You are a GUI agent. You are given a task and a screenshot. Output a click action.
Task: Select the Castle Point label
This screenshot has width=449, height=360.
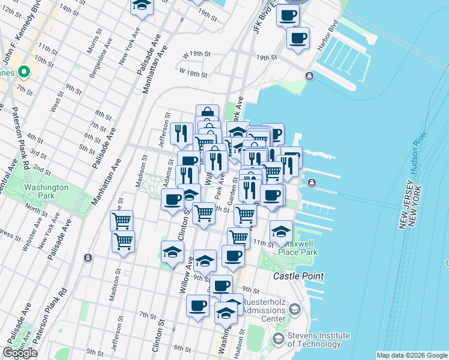pos(298,276)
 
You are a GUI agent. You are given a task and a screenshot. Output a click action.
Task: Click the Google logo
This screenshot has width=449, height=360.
pos(20,353)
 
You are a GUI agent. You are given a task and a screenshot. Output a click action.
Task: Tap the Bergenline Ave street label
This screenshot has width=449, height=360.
pos(99,52)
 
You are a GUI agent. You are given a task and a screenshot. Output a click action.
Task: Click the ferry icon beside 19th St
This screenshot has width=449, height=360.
pos(309,76)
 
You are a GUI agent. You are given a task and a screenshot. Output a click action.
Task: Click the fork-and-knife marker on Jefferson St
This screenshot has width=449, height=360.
pos(181,133)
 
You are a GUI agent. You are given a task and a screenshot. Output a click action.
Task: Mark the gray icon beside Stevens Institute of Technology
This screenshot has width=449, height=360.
pos(279,339)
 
